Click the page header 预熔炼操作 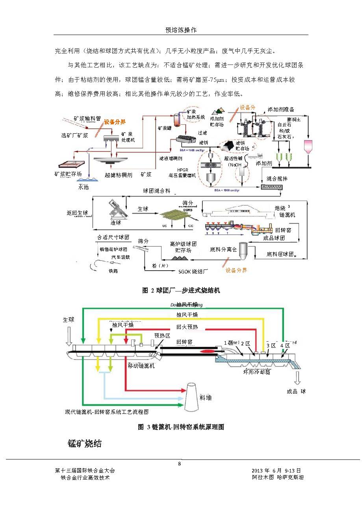pyautogui.click(x=181, y=30)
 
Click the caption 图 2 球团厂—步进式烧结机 pyautogui.click(x=181, y=290)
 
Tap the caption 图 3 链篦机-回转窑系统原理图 pyautogui.click(x=181, y=427)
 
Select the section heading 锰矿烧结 pyautogui.click(x=85, y=444)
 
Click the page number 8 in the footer pyautogui.click(x=180, y=463)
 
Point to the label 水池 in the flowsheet pyautogui.click(x=83, y=187)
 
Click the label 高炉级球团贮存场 pyautogui.click(x=183, y=247)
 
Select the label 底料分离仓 pyautogui.click(x=223, y=249)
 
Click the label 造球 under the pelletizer pyautogui.click(x=116, y=223)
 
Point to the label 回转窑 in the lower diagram pyautogui.click(x=184, y=342)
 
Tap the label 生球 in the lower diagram pyautogui.click(x=69, y=319)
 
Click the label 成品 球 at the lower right pyautogui.click(x=296, y=391)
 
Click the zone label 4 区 pyautogui.click(x=285, y=345)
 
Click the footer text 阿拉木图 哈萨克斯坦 pyautogui.click(x=278, y=478)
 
